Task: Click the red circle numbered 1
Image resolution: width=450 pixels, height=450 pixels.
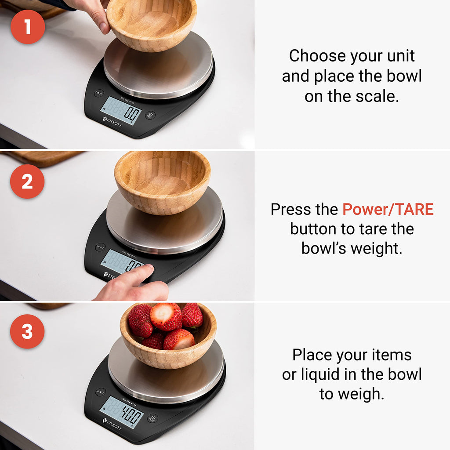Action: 28,27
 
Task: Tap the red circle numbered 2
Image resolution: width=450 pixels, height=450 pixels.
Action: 27,181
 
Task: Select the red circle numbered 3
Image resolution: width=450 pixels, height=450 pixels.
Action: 27,332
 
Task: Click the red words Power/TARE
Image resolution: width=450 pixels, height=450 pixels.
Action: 388,210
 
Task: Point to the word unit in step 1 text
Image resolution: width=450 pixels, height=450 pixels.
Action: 398,56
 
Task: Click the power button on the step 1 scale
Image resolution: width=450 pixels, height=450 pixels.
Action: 150,116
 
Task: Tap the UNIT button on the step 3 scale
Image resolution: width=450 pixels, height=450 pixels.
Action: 101,392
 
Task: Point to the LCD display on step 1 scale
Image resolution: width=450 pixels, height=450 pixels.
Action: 121,111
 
